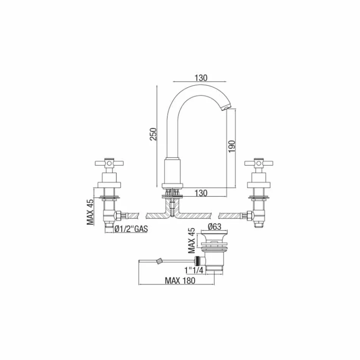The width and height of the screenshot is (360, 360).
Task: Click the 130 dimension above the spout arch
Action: [x=201, y=78]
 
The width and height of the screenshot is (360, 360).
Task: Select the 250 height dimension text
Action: [x=153, y=134]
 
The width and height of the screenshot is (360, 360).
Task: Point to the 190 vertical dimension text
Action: [x=232, y=146]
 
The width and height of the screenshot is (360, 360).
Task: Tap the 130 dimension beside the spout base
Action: [x=201, y=193]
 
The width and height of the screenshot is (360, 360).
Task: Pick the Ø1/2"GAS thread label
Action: [x=131, y=229]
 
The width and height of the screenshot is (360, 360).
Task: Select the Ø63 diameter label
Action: [x=215, y=227]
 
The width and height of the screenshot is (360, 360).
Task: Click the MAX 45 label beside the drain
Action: [x=192, y=241]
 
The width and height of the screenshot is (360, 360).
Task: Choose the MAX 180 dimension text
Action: [x=180, y=281]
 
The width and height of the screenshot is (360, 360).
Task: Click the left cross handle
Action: [x=109, y=164]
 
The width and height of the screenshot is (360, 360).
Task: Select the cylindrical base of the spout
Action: [x=172, y=171]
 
